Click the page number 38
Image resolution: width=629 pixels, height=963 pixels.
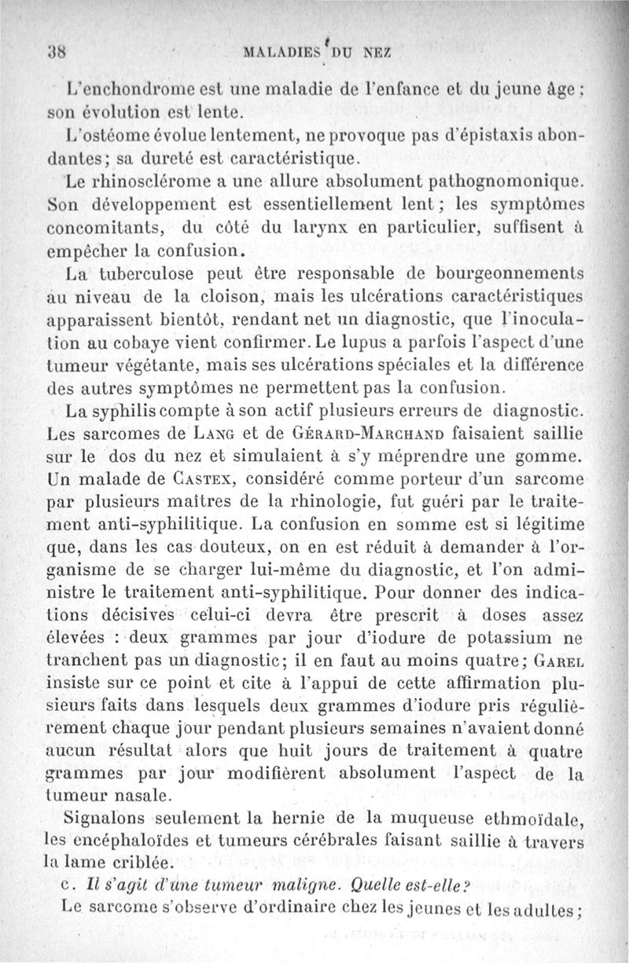pyautogui.click(x=57, y=54)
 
